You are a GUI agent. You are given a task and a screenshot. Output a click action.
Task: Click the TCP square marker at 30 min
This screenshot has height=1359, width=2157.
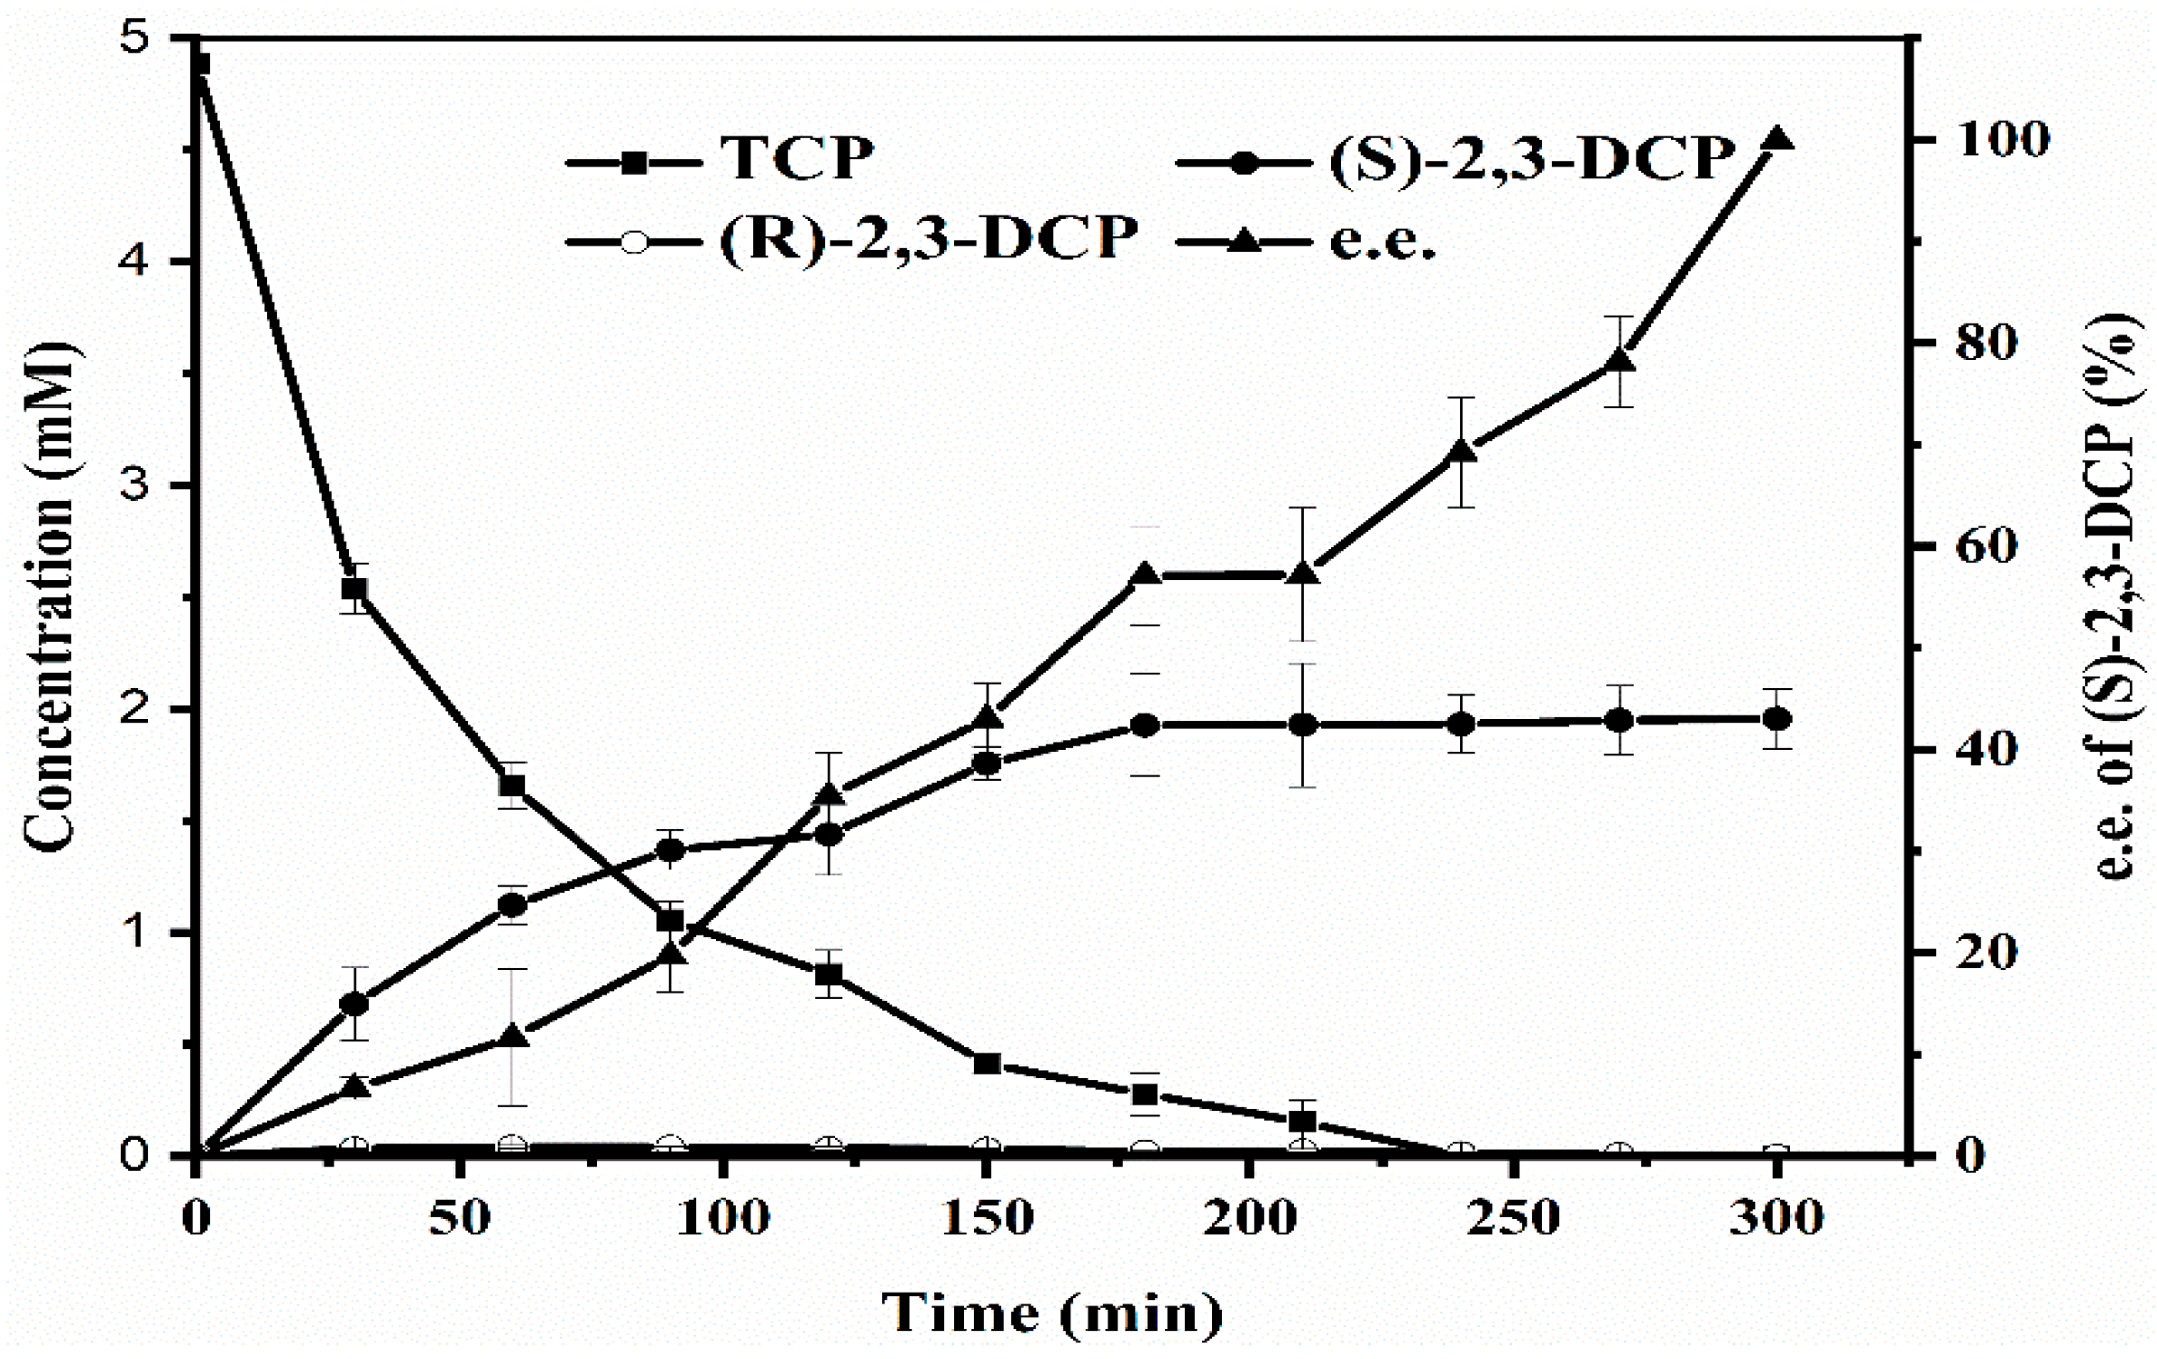pos(354,588)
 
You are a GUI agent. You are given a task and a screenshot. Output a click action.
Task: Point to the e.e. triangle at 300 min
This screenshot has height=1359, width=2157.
pos(1776,139)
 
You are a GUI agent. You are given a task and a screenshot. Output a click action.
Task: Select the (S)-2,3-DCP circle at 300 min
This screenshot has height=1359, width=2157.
pos(1776,719)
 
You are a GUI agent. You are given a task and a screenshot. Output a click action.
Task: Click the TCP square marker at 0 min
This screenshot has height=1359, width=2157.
pos(199,65)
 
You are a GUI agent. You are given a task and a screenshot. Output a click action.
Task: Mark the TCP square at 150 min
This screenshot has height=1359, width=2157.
pos(987,1063)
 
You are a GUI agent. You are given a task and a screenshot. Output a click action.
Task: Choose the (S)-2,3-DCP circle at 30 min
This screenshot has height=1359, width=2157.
pos(354,1004)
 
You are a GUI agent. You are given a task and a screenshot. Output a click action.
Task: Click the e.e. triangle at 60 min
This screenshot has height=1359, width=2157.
pos(512,1035)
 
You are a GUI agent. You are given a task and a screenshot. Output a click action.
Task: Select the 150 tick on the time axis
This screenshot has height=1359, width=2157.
pos(987,1219)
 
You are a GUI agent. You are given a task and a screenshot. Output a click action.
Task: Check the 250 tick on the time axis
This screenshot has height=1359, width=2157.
pos(1514,1219)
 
